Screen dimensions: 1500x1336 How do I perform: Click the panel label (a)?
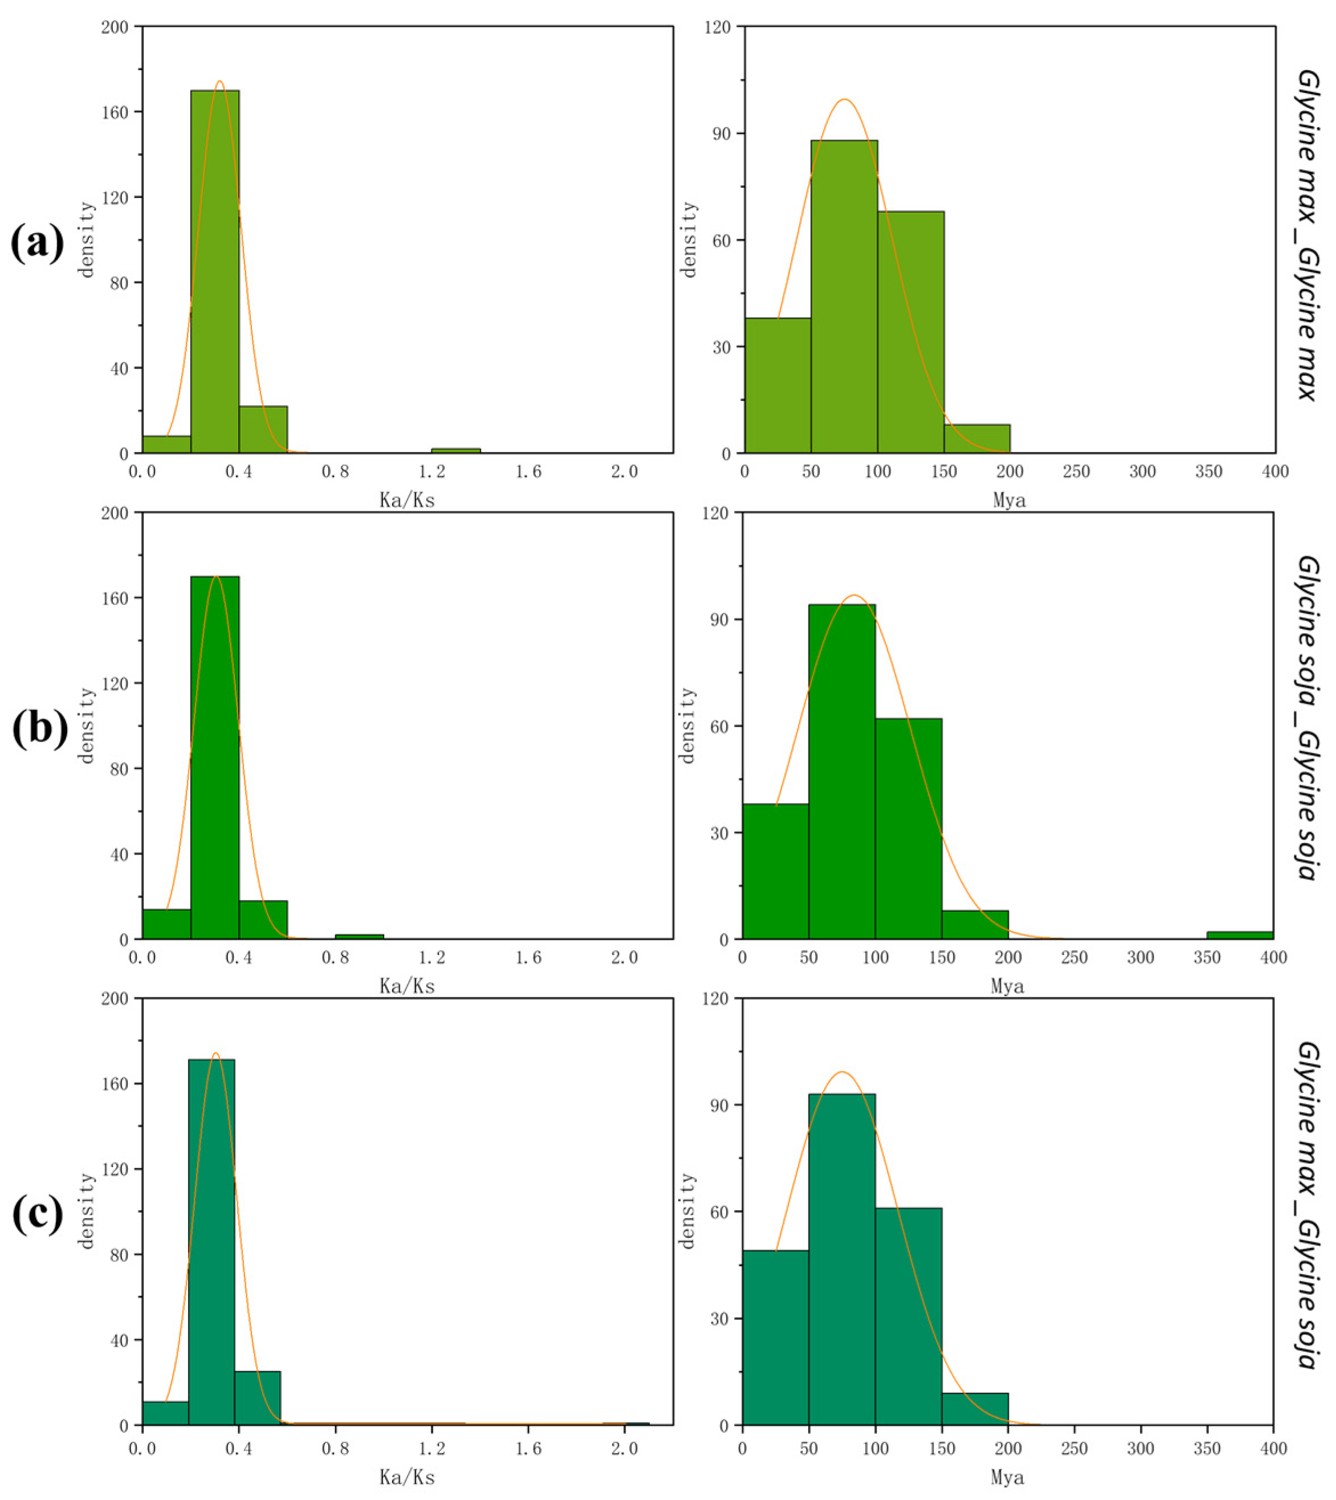(x=36, y=244)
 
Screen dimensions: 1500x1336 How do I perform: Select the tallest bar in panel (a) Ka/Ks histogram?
(x=214, y=271)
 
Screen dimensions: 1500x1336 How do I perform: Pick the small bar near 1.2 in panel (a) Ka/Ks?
(x=456, y=450)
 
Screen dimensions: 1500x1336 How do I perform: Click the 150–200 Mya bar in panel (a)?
(x=976, y=439)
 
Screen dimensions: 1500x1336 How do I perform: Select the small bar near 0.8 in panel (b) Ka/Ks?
(x=359, y=936)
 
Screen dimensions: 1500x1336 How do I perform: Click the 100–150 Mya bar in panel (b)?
(x=908, y=829)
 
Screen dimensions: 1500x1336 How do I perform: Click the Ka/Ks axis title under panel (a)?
(x=407, y=500)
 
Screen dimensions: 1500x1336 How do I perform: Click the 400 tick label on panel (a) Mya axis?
(x=1275, y=472)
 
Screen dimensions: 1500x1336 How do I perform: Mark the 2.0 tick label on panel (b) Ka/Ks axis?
(x=624, y=957)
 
